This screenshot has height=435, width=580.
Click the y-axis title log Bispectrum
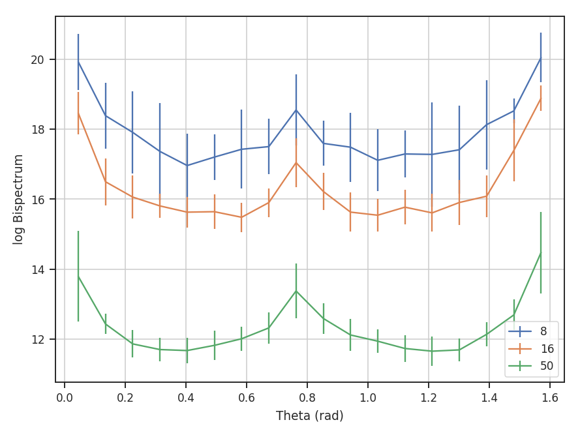click(x=19, y=199)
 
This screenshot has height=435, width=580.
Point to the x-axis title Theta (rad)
click(x=309, y=415)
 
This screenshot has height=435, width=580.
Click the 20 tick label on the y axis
click(x=39, y=60)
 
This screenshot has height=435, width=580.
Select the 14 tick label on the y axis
click(x=39, y=269)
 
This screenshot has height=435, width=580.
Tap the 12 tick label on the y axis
click(x=39, y=339)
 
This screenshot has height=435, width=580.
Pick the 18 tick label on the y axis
click(x=39, y=130)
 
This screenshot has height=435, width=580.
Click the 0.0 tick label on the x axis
click(x=65, y=397)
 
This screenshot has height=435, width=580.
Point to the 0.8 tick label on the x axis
click(x=307, y=397)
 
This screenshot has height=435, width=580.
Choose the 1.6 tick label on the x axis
click(x=550, y=397)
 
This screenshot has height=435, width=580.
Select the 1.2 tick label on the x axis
click(x=429, y=397)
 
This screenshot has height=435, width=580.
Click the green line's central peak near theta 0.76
click(x=296, y=291)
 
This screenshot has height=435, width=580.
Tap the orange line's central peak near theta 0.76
click(x=296, y=162)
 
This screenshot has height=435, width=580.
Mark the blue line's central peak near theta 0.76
click(x=296, y=110)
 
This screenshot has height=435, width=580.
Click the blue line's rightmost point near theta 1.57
click(x=541, y=58)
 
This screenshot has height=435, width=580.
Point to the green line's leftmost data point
click(x=78, y=276)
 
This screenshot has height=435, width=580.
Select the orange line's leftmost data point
click(x=78, y=113)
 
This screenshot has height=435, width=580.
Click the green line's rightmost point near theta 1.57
click(x=541, y=253)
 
